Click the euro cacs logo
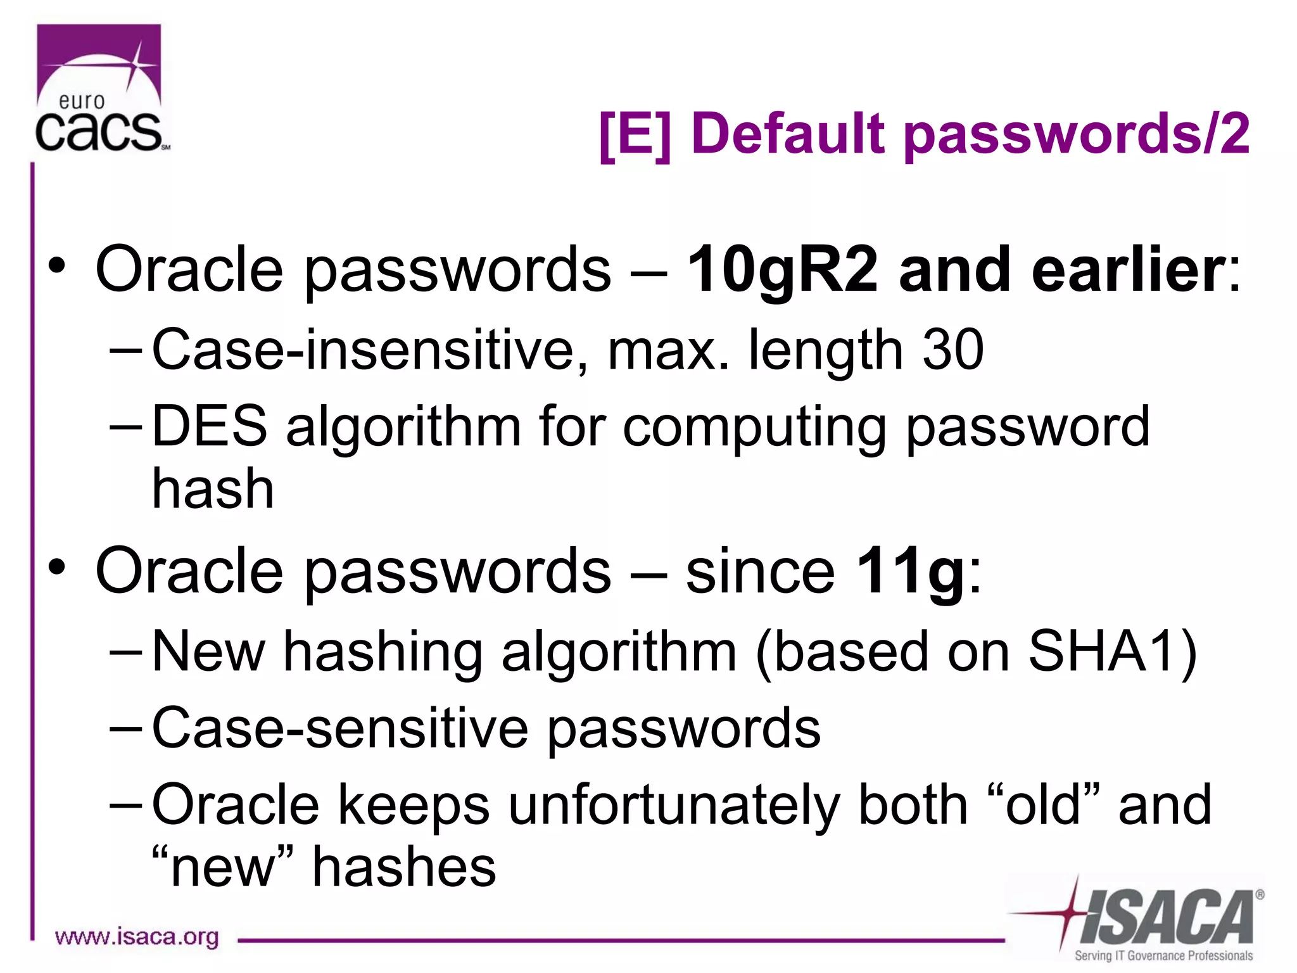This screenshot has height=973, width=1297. [x=100, y=89]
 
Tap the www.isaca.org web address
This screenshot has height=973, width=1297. [x=137, y=937]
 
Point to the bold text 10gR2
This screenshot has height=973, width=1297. [x=783, y=269]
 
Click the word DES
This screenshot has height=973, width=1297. [x=210, y=426]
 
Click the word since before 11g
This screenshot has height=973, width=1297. [x=761, y=571]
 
